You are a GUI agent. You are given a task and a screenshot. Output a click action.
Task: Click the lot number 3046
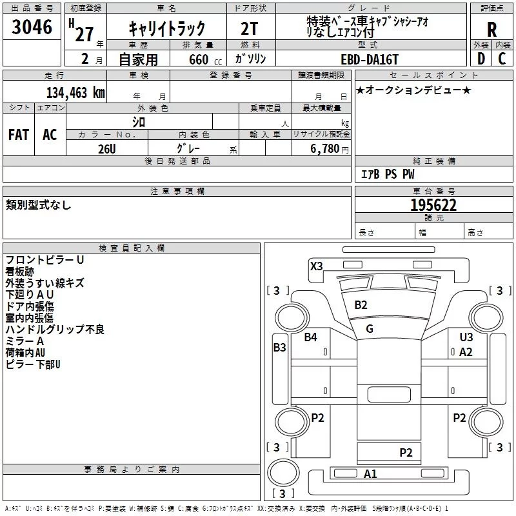coord(32,28)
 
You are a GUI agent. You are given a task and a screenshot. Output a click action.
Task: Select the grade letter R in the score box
coord(491,30)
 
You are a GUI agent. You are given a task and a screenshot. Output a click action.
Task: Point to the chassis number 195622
coord(433,205)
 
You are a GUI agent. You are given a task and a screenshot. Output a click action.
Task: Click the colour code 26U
coord(106,149)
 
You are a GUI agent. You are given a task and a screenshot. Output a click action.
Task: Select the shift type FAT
coord(18,134)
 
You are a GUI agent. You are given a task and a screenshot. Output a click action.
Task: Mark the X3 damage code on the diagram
coord(316,266)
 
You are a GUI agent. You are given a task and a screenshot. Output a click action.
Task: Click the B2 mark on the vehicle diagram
coord(361,304)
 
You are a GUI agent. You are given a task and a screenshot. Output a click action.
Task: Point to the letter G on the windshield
coord(370,328)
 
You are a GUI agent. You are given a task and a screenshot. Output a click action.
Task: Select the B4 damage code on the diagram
coord(311,337)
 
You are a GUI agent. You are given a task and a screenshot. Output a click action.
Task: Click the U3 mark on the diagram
coord(466,337)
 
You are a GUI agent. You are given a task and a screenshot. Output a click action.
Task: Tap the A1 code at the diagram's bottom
coord(370,474)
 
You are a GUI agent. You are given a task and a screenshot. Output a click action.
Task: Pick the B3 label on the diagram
coord(279,348)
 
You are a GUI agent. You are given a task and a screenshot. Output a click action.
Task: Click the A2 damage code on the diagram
coord(466,352)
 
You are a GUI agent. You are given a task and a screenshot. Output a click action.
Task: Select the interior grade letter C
coord(502,59)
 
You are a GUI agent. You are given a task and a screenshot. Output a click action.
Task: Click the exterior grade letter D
coord(481,59)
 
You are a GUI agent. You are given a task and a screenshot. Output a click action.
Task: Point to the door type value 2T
coord(250,28)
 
